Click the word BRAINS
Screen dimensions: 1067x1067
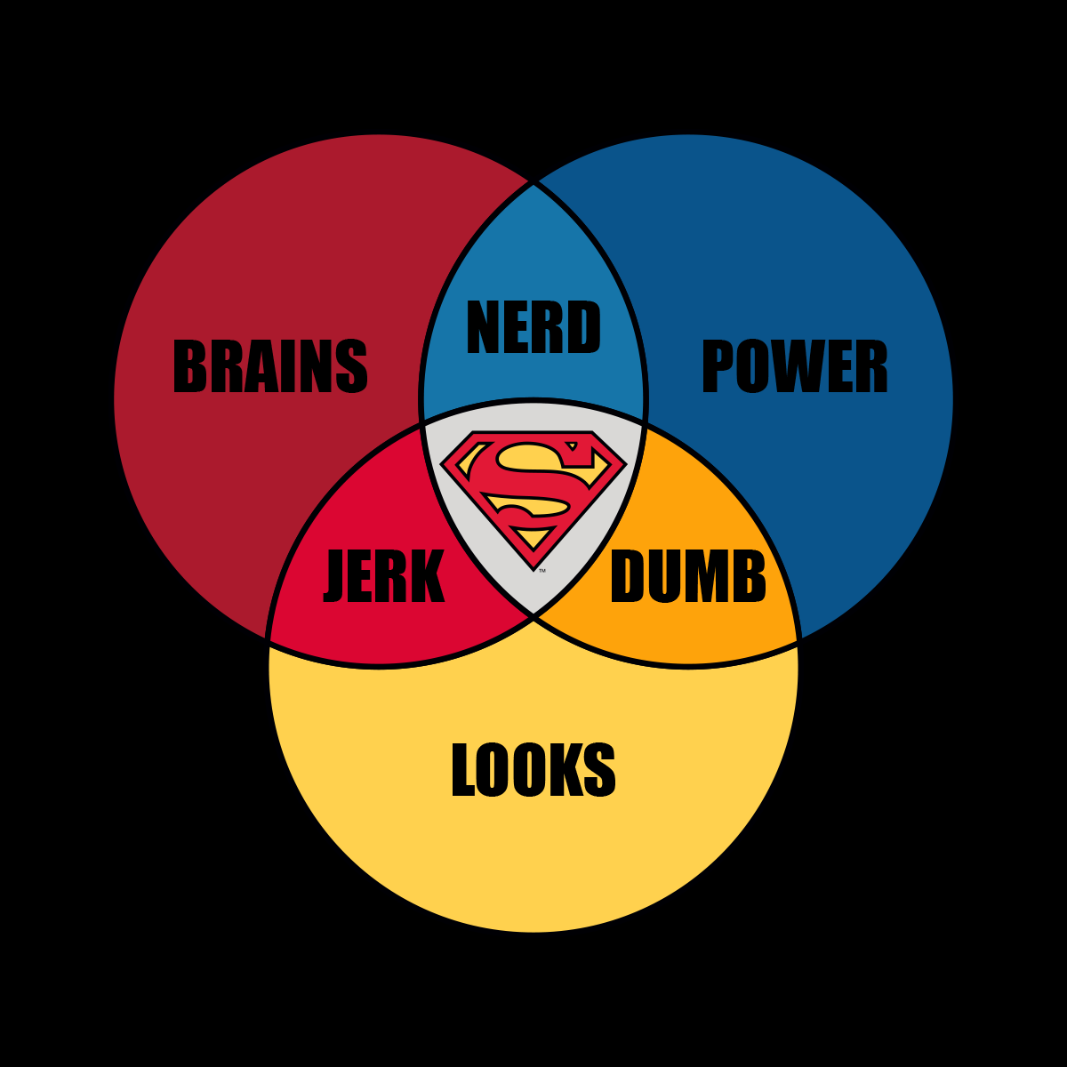click(269, 366)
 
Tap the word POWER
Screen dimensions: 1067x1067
click(794, 366)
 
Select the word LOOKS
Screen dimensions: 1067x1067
click(533, 770)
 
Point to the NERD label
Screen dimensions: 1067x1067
click(533, 328)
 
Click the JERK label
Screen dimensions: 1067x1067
click(384, 577)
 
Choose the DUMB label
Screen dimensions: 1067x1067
click(687, 577)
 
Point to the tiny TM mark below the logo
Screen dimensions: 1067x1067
click(542, 570)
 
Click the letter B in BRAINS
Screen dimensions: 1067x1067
click(189, 366)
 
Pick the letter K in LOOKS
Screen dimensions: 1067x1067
click(567, 770)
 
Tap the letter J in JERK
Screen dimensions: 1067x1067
click(335, 577)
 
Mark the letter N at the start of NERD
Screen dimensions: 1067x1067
click(484, 328)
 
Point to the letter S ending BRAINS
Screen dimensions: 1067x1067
click(353, 366)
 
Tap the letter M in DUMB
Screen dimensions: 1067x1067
click(706, 577)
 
